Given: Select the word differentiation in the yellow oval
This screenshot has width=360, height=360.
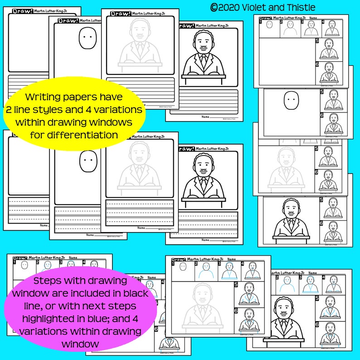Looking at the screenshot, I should pyautogui.click(x=75, y=134).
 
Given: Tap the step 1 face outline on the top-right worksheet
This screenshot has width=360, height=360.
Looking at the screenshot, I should pyautogui.click(x=269, y=28).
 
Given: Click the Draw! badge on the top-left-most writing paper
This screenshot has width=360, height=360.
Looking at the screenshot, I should pyautogui.click(x=22, y=11).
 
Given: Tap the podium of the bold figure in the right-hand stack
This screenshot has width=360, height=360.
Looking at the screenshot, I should pyautogui.click(x=291, y=238).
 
